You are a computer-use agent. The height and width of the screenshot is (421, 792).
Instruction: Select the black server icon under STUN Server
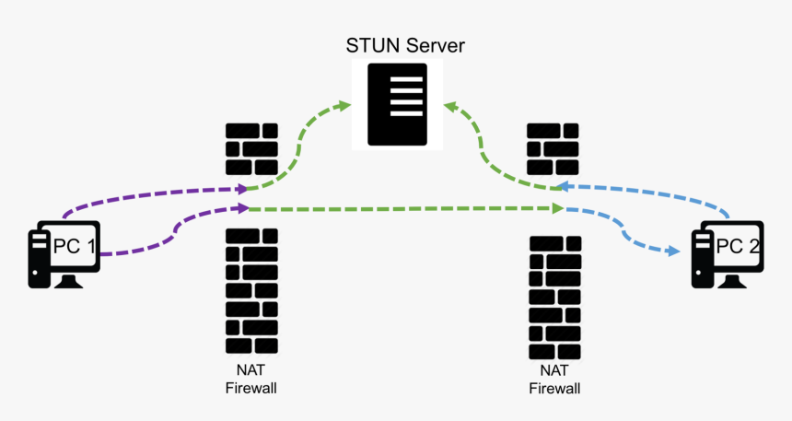click(x=397, y=104)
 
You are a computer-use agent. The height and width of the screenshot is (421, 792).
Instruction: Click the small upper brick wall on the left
click(x=251, y=148)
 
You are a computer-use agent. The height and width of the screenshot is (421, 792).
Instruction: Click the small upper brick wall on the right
click(x=553, y=148)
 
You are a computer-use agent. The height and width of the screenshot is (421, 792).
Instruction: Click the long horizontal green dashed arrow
click(x=405, y=210)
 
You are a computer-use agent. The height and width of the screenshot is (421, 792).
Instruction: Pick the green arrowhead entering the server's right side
click(x=449, y=107)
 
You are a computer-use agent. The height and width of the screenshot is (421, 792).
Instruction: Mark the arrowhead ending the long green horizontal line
click(x=558, y=210)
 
